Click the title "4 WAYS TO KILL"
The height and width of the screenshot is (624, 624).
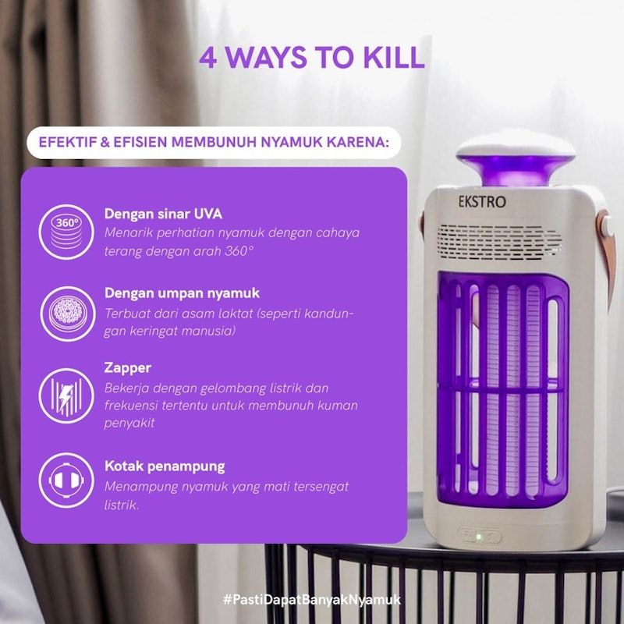coord(311,58)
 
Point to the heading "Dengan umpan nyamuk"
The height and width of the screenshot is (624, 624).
coord(182,293)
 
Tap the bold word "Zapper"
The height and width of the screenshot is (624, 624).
coord(128,367)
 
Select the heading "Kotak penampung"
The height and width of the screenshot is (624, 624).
coord(165,466)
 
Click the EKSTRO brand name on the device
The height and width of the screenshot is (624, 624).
coord(482,202)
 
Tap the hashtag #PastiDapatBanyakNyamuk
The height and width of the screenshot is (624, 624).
coord(311,599)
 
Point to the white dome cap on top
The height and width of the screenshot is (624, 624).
coord(515,145)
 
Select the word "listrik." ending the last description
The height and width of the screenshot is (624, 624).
coord(122,505)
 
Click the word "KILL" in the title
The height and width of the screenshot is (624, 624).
coord(393,58)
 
